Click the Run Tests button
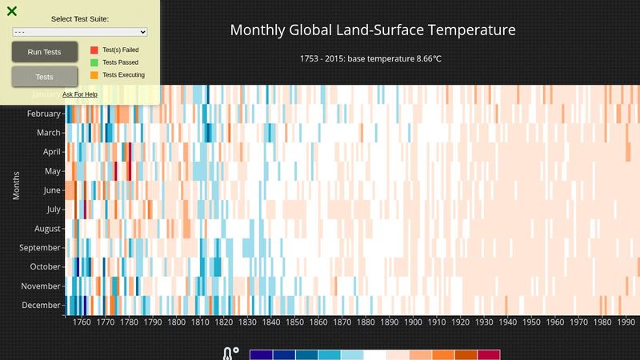(44, 52)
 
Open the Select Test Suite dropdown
(80, 32)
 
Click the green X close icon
(12, 11)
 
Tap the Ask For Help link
(80, 94)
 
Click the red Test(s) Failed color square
(94, 50)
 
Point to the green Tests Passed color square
(94, 62)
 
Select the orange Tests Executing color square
(94, 75)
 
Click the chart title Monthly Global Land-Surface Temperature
(373, 30)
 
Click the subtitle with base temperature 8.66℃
(373, 59)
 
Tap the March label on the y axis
(49, 133)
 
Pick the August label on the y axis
(46, 229)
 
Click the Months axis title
(16, 185)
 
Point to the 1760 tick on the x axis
(82, 322)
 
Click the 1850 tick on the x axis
(295, 322)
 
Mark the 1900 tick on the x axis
(414, 322)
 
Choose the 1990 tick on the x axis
(626, 322)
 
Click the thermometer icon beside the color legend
(230, 354)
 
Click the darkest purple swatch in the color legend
(261, 354)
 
